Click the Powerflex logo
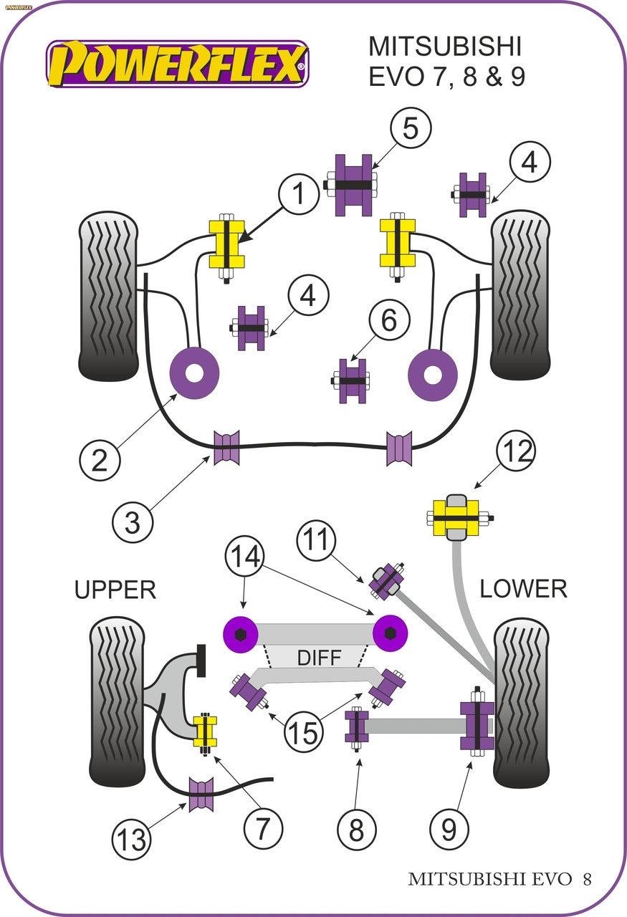(178, 64)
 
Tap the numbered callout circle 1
(298, 193)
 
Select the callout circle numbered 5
(410, 129)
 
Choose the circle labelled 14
(245, 556)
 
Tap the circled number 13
(132, 837)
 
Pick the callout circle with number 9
(449, 830)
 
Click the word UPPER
(115, 590)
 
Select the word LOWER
(523, 588)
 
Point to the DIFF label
(320, 657)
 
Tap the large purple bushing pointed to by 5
(355, 184)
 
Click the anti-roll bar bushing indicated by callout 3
(227, 448)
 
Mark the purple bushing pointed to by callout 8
(356, 726)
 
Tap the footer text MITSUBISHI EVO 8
(499, 879)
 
